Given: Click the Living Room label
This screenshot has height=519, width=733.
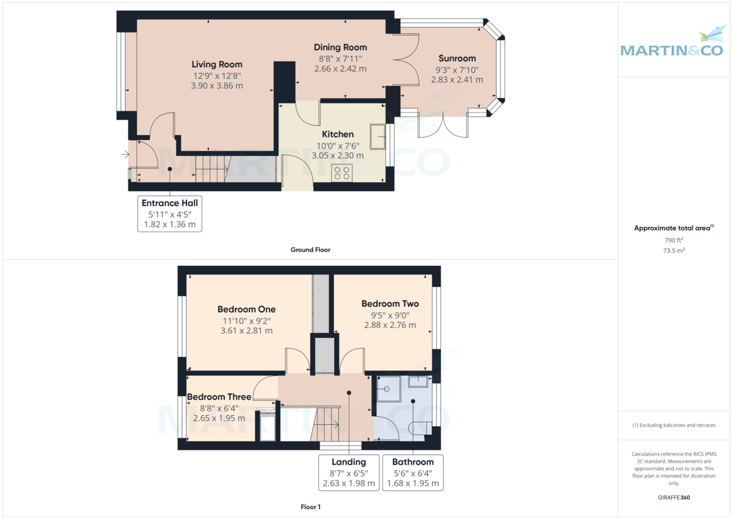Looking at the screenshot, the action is point(217,65).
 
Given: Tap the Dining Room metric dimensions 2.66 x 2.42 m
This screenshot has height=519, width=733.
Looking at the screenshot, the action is point(340,68).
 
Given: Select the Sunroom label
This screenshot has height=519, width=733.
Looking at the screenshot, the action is point(457,58).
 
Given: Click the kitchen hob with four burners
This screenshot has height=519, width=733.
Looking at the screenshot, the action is point(342,172).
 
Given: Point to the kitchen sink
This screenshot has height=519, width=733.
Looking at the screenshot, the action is point(377,136).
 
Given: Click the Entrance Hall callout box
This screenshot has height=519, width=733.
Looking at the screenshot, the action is point(170,214).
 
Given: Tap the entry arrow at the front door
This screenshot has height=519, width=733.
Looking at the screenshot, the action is point(125,154).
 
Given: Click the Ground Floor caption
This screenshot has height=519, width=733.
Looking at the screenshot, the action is point(310,250).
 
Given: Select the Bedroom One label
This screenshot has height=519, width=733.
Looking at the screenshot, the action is point(246,309).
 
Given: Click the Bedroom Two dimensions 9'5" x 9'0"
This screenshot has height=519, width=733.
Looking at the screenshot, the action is point(390,315).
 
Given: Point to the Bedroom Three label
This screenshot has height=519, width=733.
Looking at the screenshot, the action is point(219,397).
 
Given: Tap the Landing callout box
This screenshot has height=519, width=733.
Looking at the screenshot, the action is point(349,473).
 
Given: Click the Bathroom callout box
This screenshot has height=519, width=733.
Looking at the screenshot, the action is point(413,473).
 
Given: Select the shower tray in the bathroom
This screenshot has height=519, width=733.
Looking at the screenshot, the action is point(388,389).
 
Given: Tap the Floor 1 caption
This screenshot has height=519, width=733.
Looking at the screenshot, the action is point(310,507).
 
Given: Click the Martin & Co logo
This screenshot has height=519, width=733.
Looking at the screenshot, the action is point(672,44).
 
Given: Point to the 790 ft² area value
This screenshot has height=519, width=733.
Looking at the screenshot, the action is point(674,240).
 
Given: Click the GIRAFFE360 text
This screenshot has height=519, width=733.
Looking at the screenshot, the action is point(674,498).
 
